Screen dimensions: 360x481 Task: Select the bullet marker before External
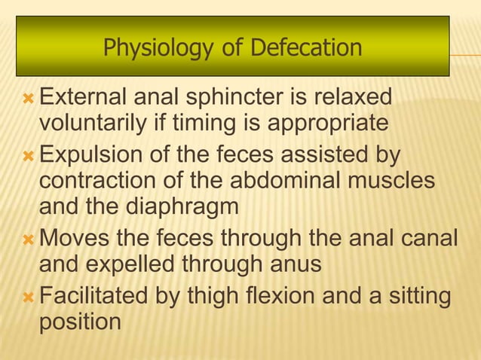pos(29,99)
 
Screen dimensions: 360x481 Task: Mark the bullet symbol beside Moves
pos(29,240)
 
